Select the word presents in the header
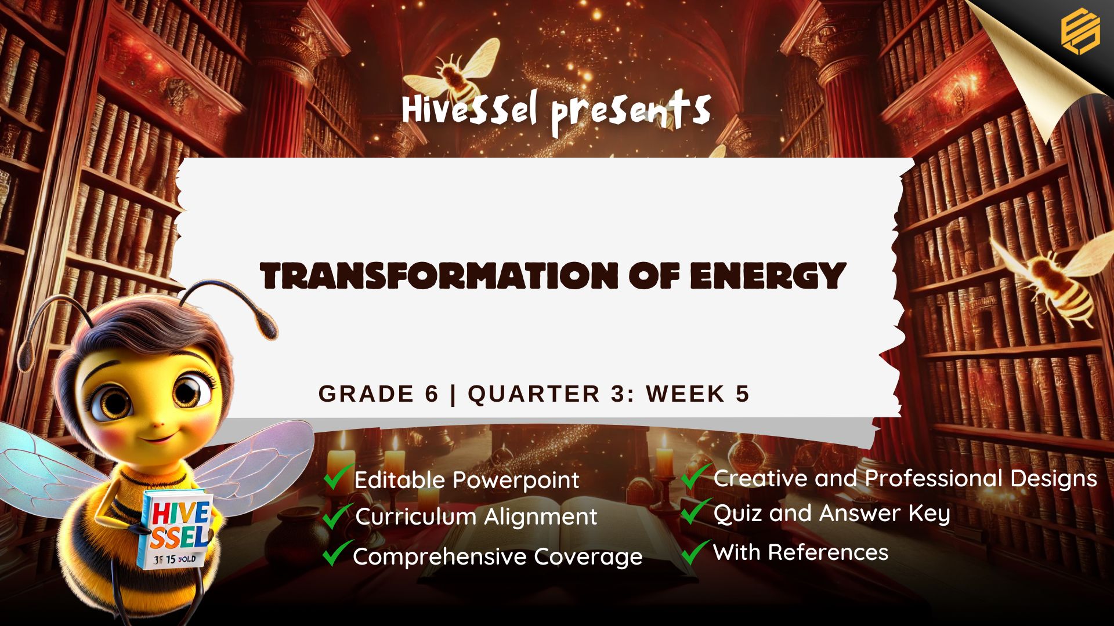631,111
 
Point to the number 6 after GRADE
431,394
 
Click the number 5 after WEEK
743,394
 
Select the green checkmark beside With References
695,551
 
